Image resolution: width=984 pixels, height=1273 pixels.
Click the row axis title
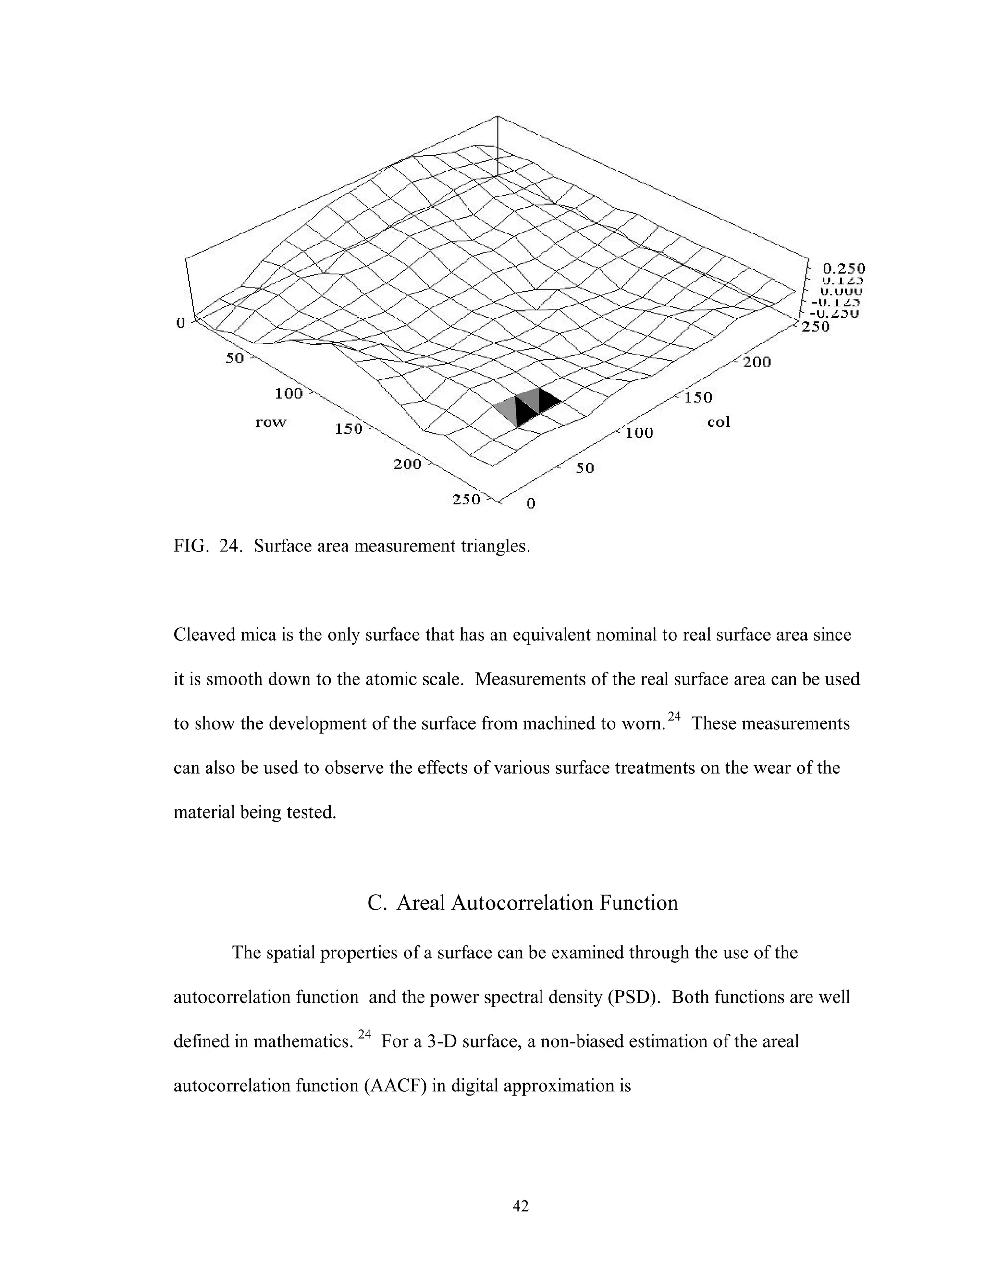coord(271,422)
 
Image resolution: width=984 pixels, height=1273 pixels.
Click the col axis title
coord(718,422)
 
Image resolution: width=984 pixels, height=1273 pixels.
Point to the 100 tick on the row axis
coord(289,393)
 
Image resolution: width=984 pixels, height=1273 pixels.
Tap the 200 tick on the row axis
coord(407,465)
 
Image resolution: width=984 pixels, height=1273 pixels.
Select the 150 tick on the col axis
coord(698,398)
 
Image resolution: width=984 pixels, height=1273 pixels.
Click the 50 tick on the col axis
coord(585,468)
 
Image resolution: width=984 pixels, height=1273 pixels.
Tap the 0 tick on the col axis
coord(530,503)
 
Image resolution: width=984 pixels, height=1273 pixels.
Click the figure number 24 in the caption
coord(230,546)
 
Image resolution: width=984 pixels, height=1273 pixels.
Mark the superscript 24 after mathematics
coord(364,1035)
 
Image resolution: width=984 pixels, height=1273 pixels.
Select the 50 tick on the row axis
coord(235,358)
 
